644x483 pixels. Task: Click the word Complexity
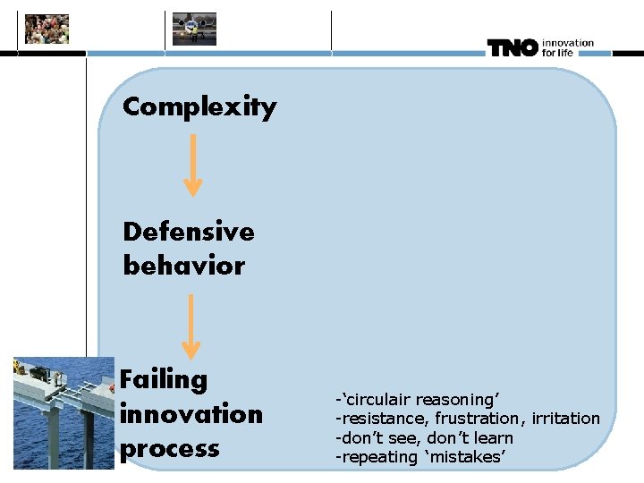tap(199, 107)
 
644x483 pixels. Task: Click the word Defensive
tap(189, 232)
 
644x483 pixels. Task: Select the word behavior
tap(183, 267)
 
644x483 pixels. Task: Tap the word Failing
tap(164, 379)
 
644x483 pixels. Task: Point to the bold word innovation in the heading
tap(191, 414)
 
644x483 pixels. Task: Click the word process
tap(170, 448)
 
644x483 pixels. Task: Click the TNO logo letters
tap(513, 48)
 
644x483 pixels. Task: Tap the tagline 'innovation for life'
tap(567, 47)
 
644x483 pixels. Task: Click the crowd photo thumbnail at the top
tap(47, 29)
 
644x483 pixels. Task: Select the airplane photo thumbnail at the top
tap(195, 29)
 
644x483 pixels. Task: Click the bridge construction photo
tap(64, 412)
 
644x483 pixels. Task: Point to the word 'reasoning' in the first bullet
tap(462, 399)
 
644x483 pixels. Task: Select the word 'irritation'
tap(565, 419)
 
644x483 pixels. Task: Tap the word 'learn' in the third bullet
tap(493, 437)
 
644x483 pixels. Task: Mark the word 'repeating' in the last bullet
tap(376, 457)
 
